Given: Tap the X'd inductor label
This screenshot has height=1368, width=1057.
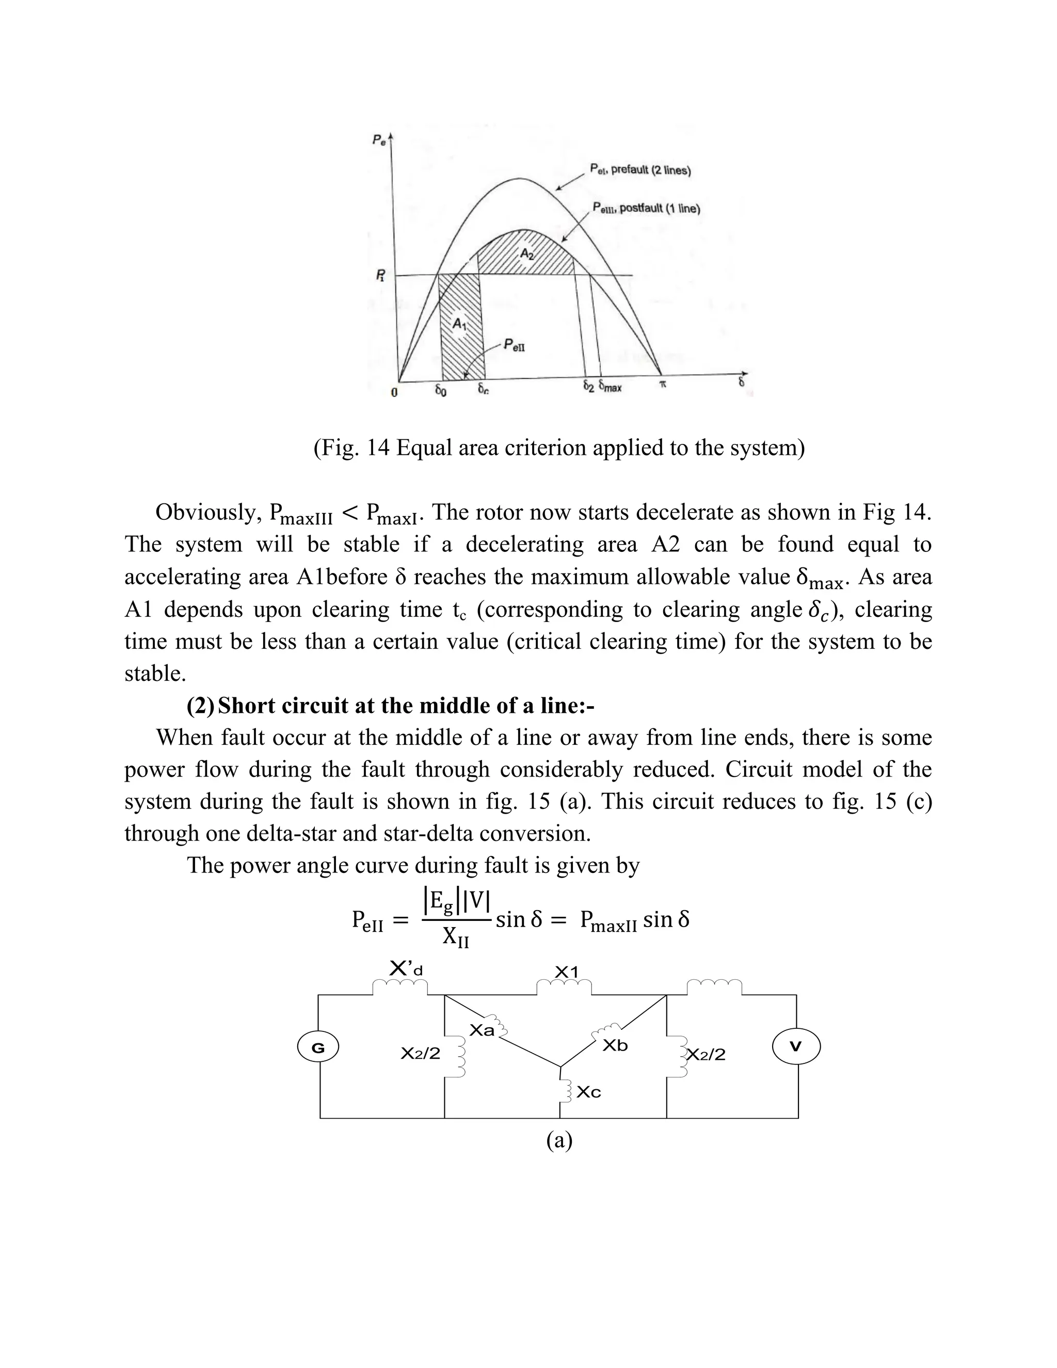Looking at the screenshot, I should [406, 969].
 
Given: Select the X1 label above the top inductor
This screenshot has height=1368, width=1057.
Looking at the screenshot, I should [567, 972].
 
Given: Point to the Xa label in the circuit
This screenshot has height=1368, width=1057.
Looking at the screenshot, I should [482, 1030].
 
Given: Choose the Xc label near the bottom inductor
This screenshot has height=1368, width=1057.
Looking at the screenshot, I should [588, 1092].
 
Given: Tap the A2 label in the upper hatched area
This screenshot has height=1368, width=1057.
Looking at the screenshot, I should [526, 253].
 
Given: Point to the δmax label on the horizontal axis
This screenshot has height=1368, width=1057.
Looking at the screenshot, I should [610, 387].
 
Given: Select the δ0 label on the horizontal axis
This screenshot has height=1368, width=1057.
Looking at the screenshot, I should [441, 390].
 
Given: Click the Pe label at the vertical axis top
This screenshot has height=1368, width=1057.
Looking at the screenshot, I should [379, 140].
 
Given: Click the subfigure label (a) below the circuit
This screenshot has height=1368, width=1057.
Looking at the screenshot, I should [559, 1141].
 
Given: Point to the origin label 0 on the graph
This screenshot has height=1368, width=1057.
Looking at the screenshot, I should [394, 393].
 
